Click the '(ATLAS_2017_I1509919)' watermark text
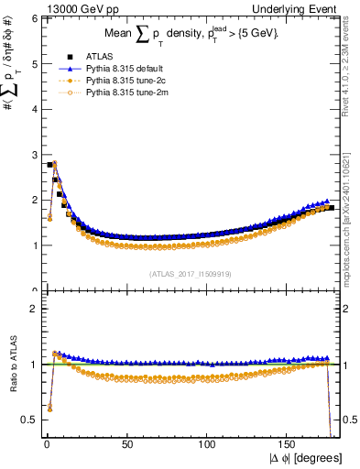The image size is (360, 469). coord(190,273)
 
